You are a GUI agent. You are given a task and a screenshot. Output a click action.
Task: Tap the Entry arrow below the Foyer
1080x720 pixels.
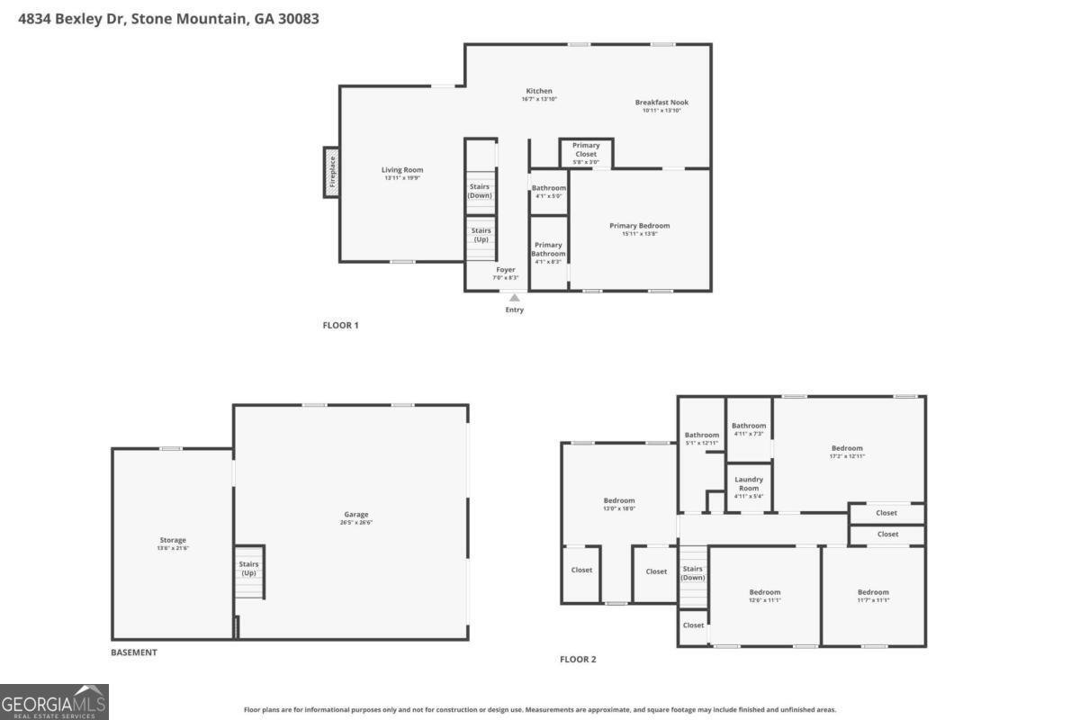[x=514, y=298]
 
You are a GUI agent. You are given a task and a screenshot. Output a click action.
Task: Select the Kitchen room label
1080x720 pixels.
[x=539, y=91]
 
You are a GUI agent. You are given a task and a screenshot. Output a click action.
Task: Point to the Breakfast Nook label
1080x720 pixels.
[x=661, y=103]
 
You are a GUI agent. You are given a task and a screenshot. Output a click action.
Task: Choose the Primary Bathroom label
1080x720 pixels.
[x=548, y=249]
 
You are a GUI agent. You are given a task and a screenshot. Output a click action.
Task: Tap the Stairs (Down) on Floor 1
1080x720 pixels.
[x=480, y=191]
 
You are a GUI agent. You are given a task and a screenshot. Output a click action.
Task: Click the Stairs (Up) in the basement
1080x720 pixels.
[x=248, y=569]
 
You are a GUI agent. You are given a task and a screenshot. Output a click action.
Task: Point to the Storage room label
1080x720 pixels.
[x=173, y=540]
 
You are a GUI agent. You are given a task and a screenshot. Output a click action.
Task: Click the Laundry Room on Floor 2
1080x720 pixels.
[x=749, y=483]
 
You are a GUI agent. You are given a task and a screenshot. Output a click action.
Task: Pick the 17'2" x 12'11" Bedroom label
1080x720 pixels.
[x=847, y=448]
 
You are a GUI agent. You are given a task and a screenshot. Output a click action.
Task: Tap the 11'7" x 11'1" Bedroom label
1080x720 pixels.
[x=873, y=592]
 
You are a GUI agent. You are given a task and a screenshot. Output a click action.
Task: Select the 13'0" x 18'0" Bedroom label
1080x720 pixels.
[x=619, y=500]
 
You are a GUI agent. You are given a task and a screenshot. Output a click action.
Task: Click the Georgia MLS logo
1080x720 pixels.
[x=54, y=701]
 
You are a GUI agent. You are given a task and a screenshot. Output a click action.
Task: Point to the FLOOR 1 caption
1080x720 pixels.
[x=340, y=325]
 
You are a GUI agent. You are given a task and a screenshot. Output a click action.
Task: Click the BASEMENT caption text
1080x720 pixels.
[x=134, y=652]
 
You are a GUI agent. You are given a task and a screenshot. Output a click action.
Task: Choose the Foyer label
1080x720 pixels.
[x=506, y=270]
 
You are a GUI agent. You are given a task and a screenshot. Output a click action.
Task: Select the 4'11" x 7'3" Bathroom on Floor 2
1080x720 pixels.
[x=749, y=426]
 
